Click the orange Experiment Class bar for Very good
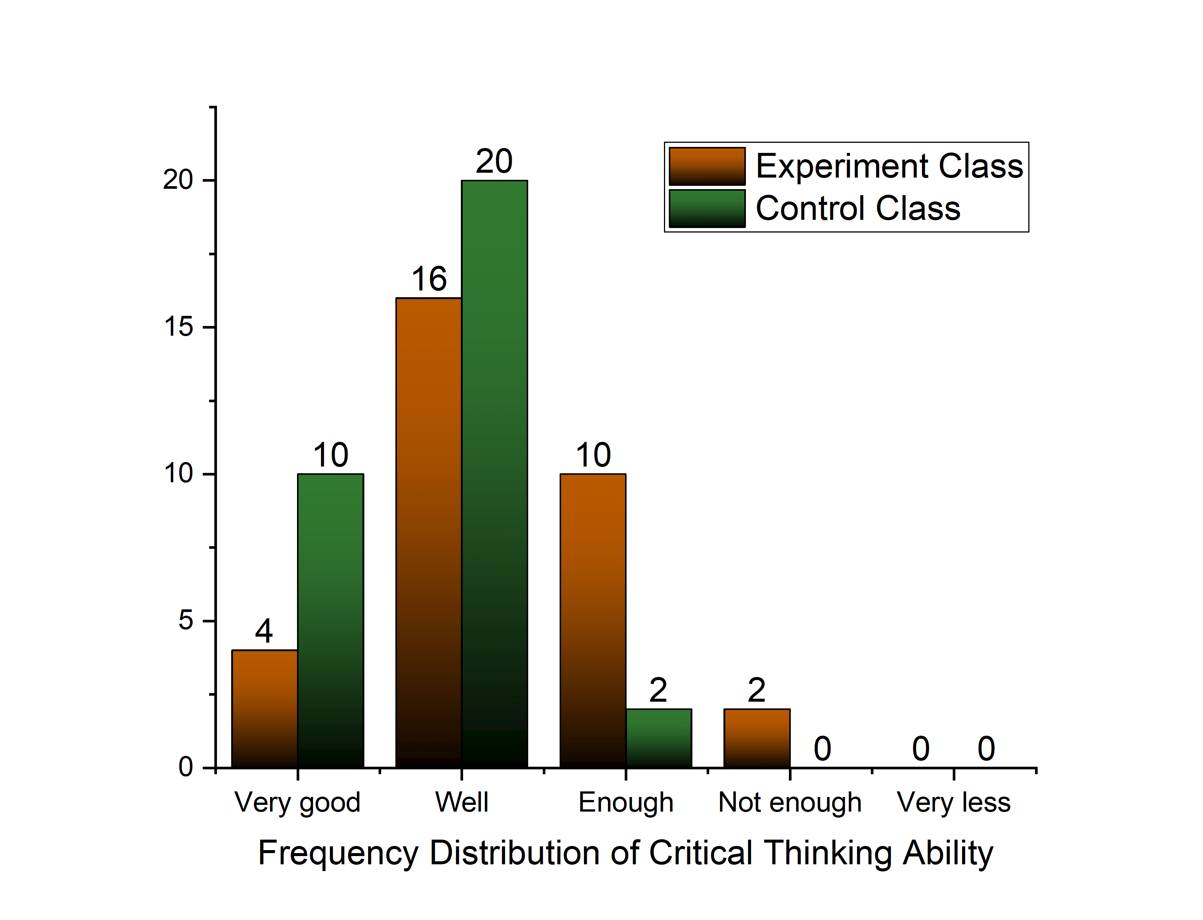264,709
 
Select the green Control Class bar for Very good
330,621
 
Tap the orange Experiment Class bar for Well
428,532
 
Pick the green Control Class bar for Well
494,474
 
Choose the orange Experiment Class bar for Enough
593,621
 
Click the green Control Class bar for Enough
658,738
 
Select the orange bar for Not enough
756,738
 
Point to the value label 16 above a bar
429,279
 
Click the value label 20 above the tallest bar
494,161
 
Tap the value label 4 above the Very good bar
264,631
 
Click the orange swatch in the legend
707,166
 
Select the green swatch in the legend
707,208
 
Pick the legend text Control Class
858,208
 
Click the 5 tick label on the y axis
186,621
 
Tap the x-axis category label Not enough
789,803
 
